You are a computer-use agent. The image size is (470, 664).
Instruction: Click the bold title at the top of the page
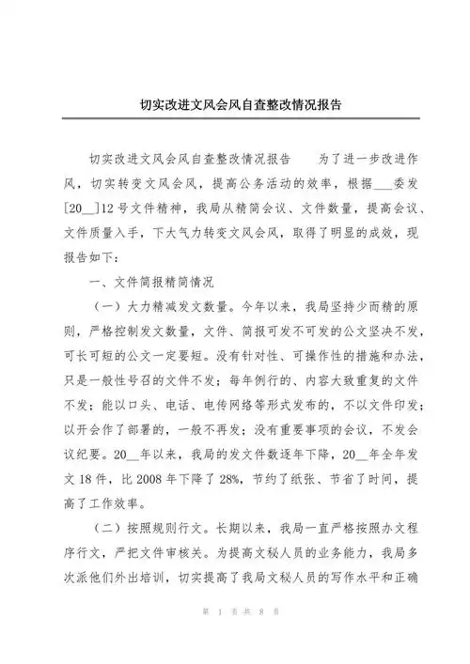coord(234,106)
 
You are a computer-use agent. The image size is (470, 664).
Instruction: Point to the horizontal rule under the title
coord(234,120)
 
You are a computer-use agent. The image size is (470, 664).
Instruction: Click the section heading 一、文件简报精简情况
coord(150,281)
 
